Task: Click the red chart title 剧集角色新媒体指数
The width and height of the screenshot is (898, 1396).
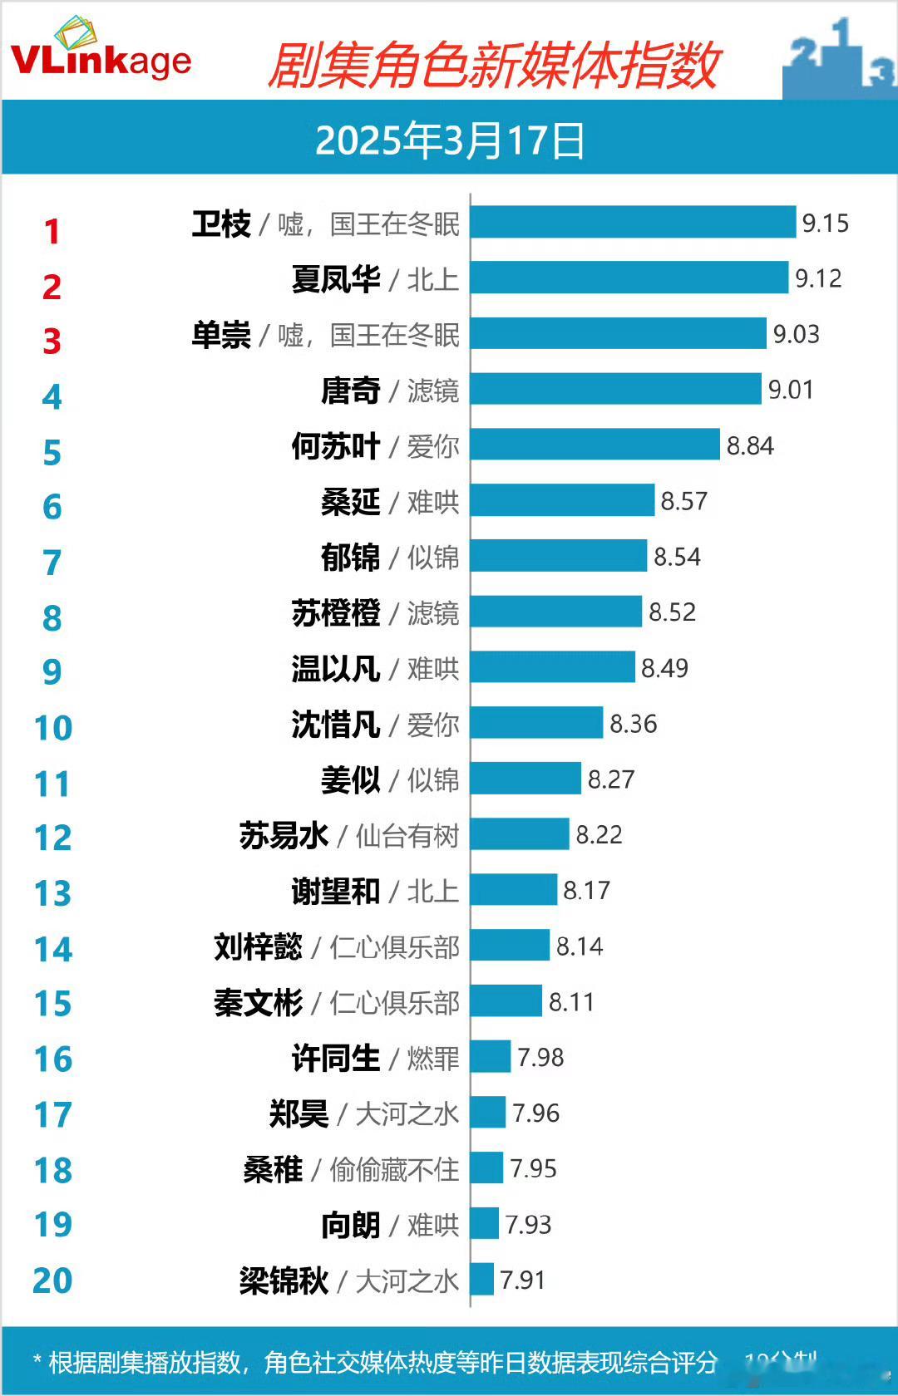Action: (x=494, y=66)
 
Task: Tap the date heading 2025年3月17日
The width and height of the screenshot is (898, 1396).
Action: (x=450, y=140)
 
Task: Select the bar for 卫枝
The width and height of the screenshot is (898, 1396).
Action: (x=633, y=223)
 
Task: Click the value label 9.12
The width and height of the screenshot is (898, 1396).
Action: (x=818, y=278)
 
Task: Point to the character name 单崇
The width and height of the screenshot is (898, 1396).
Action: (x=221, y=335)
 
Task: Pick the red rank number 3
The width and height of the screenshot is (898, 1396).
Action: (x=52, y=342)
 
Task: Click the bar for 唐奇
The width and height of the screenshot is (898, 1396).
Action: (x=615, y=389)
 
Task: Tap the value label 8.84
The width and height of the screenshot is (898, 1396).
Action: (x=750, y=446)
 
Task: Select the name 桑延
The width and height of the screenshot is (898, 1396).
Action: (x=350, y=502)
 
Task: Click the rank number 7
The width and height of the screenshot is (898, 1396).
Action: (x=52, y=563)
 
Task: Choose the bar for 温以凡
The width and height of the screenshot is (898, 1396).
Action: (x=552, y=667)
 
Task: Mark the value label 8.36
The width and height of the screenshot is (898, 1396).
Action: (x=634, y=724)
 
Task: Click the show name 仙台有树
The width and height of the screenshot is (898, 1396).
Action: (x=407, y=836)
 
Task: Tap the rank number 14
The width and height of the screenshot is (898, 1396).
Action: (x=53, y=949)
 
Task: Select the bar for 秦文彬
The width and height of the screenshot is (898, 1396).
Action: (x=506, y=1001)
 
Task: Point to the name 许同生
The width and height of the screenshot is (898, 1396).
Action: (x=335, y=1059)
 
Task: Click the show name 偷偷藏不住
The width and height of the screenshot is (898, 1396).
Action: (x=394, y=1170)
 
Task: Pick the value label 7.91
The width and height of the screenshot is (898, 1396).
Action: (x=522, y=1280)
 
